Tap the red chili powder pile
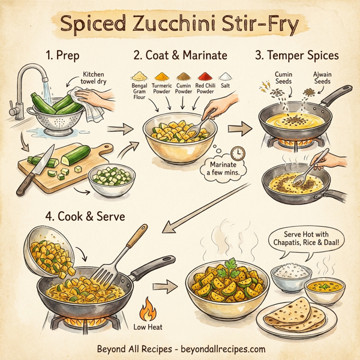(x=205, y=77)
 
